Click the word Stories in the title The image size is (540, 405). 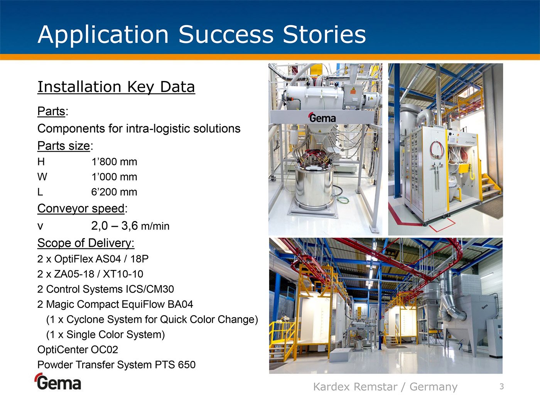click(324, 34)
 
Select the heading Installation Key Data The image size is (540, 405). click(116, 87)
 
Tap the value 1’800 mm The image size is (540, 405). click(114, 162)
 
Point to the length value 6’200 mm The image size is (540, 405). click(114, 192)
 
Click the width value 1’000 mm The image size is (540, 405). click(114, 177)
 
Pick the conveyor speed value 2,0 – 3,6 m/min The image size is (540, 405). click(130, 226)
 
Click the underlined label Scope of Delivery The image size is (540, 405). click(86, 243)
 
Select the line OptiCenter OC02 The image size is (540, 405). click(78, 349)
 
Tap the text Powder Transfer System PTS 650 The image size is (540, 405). click(116, 364)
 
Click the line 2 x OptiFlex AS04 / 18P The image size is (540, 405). click(93, 259)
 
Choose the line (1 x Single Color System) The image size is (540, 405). click(106, 334)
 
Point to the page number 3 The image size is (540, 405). click(502, 386)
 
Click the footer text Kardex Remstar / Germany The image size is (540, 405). click(385, 387)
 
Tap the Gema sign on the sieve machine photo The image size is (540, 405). click(322, 118)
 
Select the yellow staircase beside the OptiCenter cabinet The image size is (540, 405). click(490, 186)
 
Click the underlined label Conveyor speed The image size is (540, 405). click(81, 209)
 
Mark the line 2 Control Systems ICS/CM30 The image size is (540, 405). click(106, 289)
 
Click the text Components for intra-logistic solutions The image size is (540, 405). click(139, 128)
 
